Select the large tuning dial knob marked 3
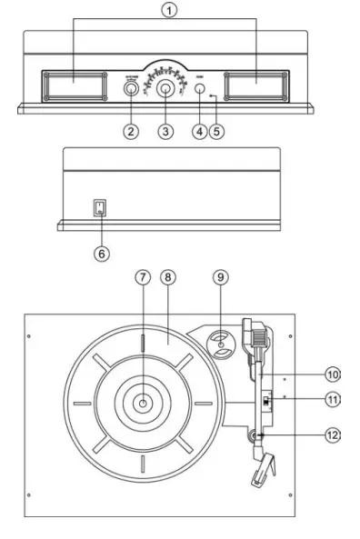point(165,89)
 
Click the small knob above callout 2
point(131,90)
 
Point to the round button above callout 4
point(199,90)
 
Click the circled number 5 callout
point(216,131)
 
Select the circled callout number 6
point(101,253)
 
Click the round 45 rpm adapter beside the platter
point(221,344)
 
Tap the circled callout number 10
point(334,374)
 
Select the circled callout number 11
point(334,400)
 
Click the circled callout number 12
point(334,435)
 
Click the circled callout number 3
point(165,131)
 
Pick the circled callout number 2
point(132,131)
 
